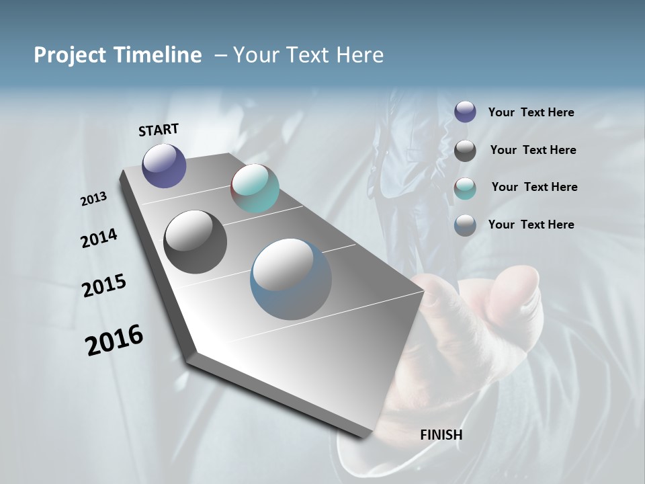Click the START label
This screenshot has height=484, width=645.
pyautogui.click(x=159, y=130)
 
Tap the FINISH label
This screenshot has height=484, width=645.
pyautogui.click(x=441, y=435)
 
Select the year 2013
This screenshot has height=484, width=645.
pyautogui.click(x=93, y=199)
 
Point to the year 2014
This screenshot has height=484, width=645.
pyautogui.click(x=99, y=239)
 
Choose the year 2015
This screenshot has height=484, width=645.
pyautogui.click(x=104, y=286)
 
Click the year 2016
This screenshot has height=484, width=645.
pyautogui.click(x=114, y=340)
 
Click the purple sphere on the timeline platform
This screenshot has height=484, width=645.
pyautogui.click(x=164, y=165)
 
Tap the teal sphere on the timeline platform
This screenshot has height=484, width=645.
pyautogui.click(x=255, y=188)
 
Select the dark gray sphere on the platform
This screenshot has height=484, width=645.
pyautogui.click(x=195, y=242)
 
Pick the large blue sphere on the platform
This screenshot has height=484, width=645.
pyautogui.click(x=291, y=279)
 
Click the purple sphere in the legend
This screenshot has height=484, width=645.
pyautogui.click(x=465, y=112)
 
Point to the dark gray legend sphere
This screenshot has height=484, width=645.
pyautogui.click(x=465, y=151)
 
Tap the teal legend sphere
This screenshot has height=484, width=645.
pyautogui.click(x=465, y=188)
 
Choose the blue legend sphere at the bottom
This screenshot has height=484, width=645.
pyautogui.click(x=465, y=225)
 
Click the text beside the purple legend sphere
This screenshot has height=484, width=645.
pyautogui.click(x=531, y=113)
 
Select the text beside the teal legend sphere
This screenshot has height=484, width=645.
pyautogui.click(x=534, y=187)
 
